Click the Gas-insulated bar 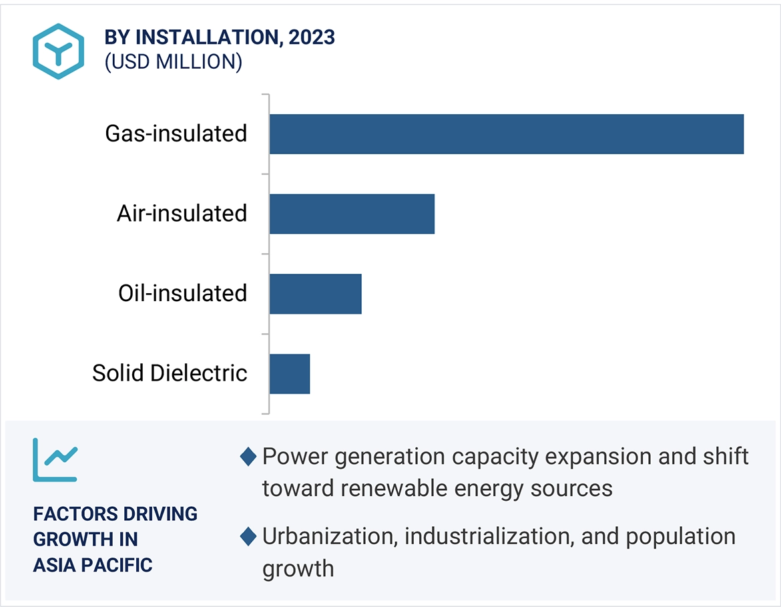pyautogui.click(x=506, y=134)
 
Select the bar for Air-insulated pyautogui.click(x=352, y=214)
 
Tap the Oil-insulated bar pyautogui.click(x=315, y=294)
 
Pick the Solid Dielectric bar pyautogui.click(x=290, y=374)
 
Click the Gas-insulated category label pyautogui.click(x=176, y=134)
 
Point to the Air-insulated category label pyautogui.click(x=182, y=214)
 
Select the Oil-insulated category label pyautogui.click(x=182, y=293)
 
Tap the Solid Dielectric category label pyautogui.click(x=170, y=373)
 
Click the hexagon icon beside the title pyautogui.click(x=58, y=51)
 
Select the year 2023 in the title pyautogui.click(x=311, y=37)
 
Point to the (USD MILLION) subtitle pyautogui.click(x=173, y=61)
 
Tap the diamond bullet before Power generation pyautogui.click(x=248, y=457)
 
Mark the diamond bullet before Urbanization pyautogui.click(x=248, y=537)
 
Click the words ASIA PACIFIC pyautogui.click(x=93, y=565)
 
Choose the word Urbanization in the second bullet pyautogui.click(x=326, y=536)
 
